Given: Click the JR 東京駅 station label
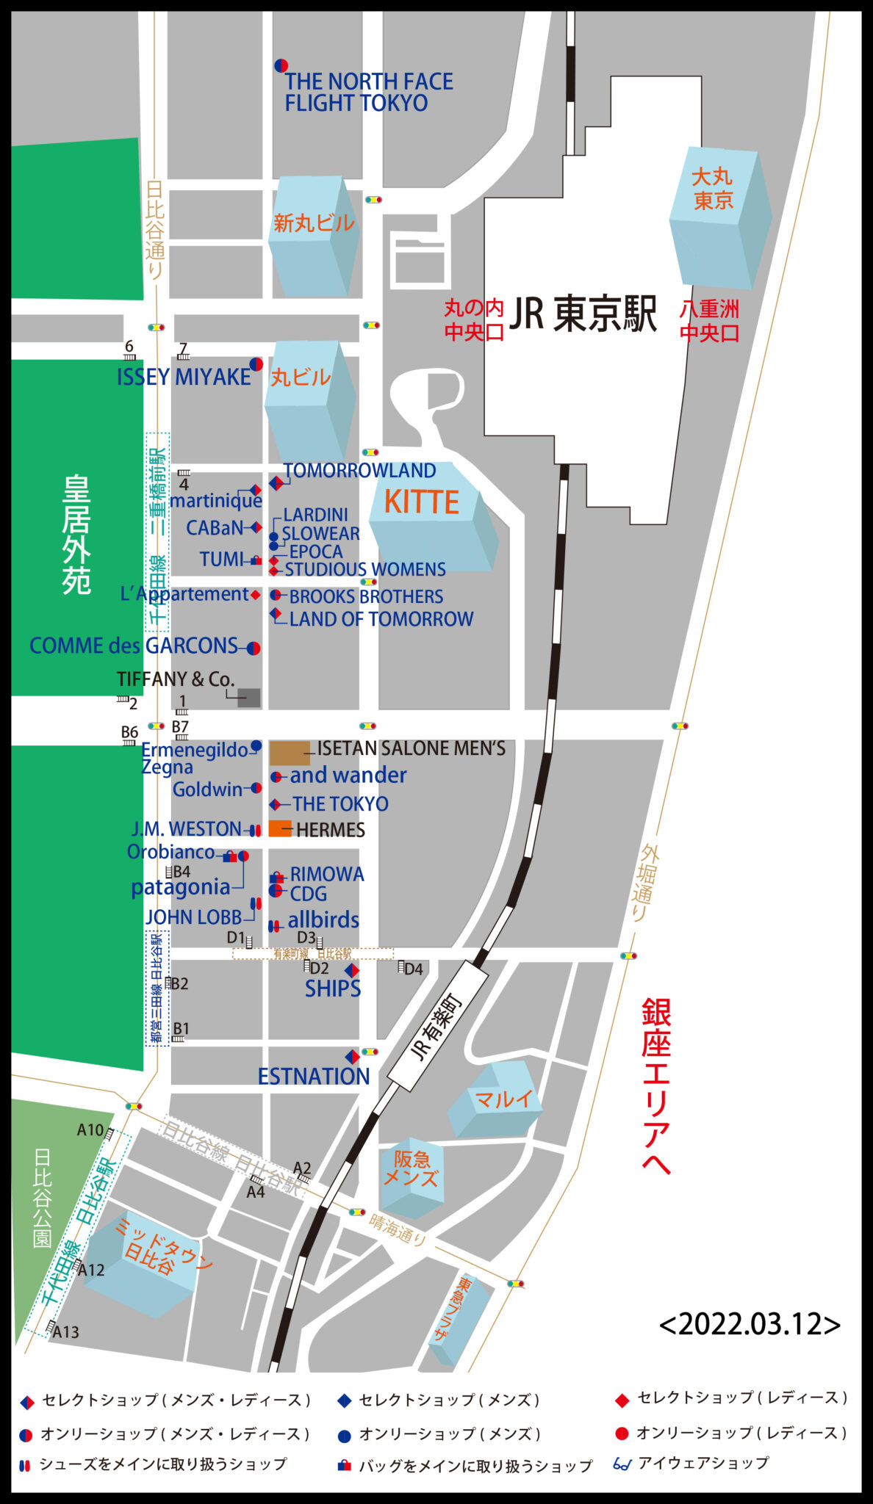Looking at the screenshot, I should coord(583,314).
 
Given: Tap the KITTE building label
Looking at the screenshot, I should coord(421,502).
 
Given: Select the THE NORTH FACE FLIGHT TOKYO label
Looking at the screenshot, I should coord(368,92).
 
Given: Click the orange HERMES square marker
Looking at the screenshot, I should coord(280,828).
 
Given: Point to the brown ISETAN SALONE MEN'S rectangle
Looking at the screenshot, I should coord(290,753).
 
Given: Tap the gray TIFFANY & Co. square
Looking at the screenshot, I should coord(249,698).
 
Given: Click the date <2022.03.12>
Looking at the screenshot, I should coord(750,1324).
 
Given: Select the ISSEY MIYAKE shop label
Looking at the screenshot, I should coord(184,377).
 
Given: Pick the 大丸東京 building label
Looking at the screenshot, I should coord(713,188).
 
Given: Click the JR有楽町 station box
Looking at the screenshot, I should coord(439,1028).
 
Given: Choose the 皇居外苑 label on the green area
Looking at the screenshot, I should coord(76,534).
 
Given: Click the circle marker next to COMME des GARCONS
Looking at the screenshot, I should coord(254,648).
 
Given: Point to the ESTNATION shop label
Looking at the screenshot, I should coord(314,1076).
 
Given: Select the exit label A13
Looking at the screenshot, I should coord(65,1332).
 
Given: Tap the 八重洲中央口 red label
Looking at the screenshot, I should coord(709,321).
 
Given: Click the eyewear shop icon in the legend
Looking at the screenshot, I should coord(622,1464).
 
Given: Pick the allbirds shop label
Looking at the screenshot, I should coord(323,919).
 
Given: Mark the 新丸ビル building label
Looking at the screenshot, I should coord(314,223).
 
